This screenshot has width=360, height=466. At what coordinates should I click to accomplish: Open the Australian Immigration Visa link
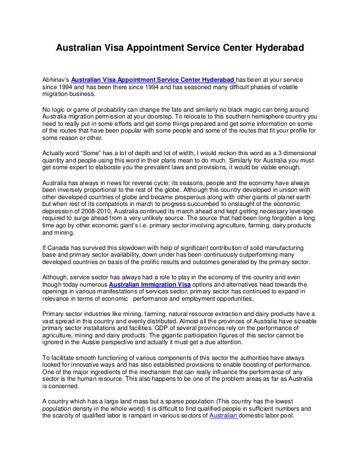(x=150, y=285)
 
